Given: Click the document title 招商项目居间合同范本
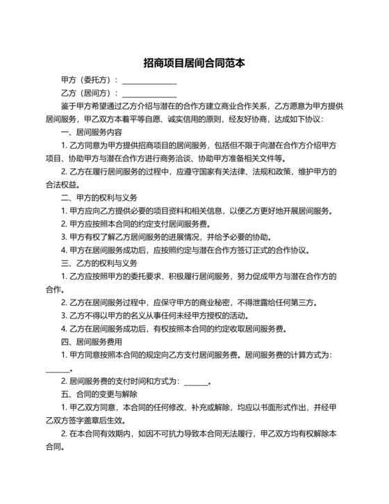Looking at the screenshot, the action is click(194, 63).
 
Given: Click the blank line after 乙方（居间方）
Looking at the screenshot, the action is click(149, 94).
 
